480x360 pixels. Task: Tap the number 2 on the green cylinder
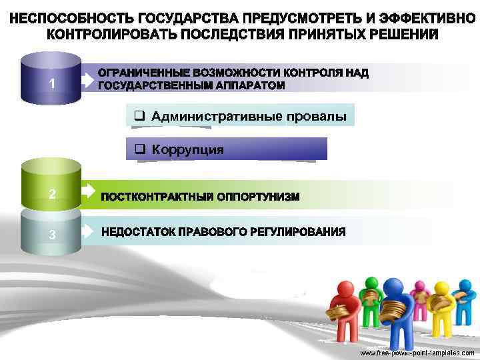pyautogui.click(x=51, y=194)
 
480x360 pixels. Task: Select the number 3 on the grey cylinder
pyautogui.click(x=51, y=234)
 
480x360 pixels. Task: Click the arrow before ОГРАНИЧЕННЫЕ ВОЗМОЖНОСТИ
pyautogui.click(x=89, y=80)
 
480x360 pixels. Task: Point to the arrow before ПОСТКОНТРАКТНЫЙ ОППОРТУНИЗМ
pyautogui.click(x=89, y=192)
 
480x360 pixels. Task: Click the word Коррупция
pyautogui.click(x=187, y=149)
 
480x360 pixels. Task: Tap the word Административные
pyautogui.click(x=217, y=117)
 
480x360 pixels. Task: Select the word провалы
pyautogui.click(x=317, y=117)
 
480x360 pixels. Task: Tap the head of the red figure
pyautogui.click(x=345, y=289)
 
